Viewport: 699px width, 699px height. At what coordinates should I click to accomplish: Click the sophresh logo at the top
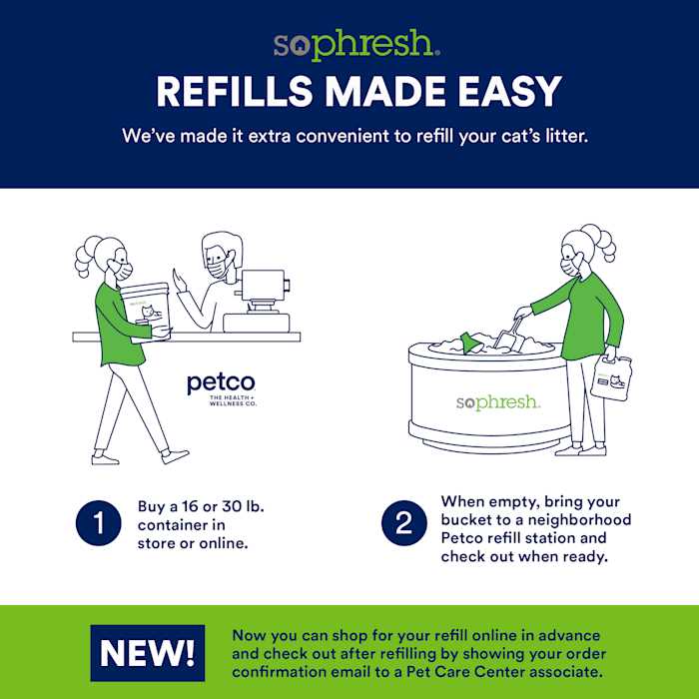click(x=353, y=45)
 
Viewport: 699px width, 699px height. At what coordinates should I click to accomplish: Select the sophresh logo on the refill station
click(x=497, y=402)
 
